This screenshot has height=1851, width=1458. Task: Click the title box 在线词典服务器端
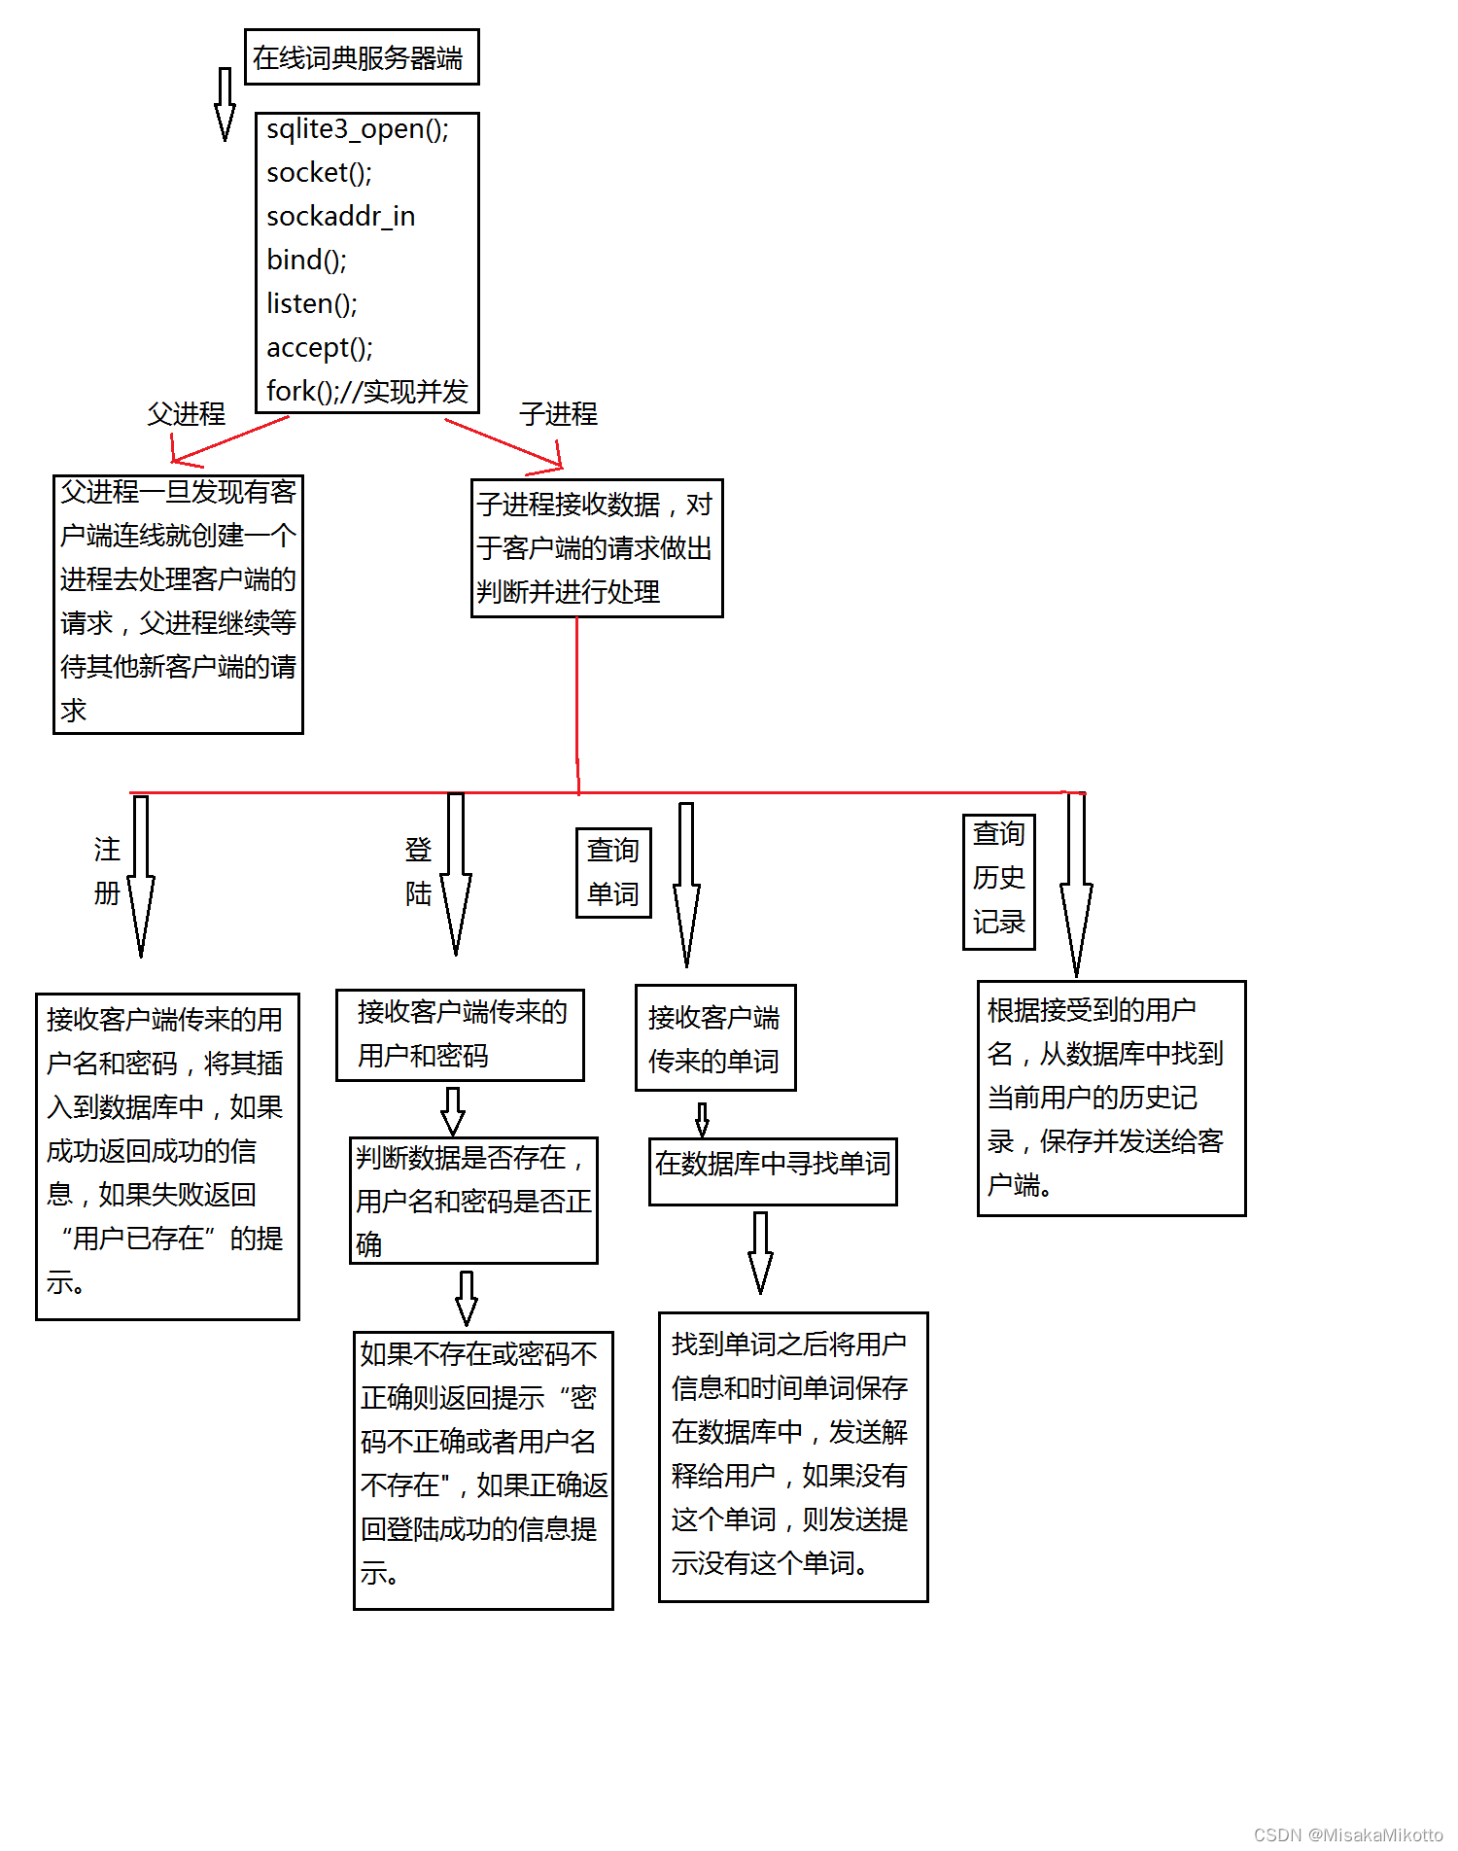(361, 57)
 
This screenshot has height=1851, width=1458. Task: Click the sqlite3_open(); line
(358, 129)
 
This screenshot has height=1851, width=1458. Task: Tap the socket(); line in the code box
(319, 173)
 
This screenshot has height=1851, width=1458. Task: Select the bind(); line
(306, 261)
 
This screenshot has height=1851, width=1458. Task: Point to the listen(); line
(312, 304)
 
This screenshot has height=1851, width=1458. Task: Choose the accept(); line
(320, 348)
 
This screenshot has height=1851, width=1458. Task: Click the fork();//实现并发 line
(366, 392)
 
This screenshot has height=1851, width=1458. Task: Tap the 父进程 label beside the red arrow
(186, 414)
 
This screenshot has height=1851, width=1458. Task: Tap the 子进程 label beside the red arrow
(558, 414)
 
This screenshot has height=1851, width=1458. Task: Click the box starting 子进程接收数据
(596, 547)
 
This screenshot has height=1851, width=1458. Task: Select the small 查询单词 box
(613, 872)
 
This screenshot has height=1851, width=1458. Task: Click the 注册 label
(107, 871)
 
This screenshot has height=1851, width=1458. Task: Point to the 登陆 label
(418, 871)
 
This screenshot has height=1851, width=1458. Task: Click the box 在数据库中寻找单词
(773, 1170)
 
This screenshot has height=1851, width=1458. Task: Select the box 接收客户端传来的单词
(714, 1038)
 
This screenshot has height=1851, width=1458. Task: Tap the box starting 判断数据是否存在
(473, 1200)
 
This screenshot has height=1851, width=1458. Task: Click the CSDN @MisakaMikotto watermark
(1347, 1834)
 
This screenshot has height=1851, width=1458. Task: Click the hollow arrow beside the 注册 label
(141, 875)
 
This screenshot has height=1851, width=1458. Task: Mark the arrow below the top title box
(225, 104)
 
